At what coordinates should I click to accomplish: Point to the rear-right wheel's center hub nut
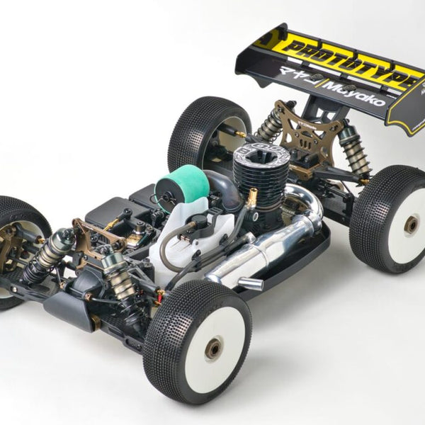411,225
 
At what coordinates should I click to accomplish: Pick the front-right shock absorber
117,273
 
